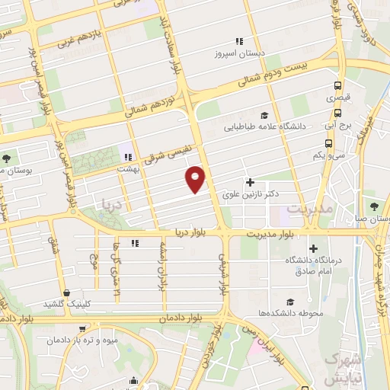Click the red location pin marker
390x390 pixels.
(x=196, y=178)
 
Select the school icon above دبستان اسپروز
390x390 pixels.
(x=238, y=41)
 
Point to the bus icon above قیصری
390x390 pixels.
(x=337, y=86)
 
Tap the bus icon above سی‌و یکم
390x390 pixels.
(x=328, y=143)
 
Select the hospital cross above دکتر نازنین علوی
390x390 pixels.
(x=250, y=183)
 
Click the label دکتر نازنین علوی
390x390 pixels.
(x=248, y=195)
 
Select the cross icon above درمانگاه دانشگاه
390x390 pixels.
(x=313, y=248)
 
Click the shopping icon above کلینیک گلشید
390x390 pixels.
(x=67, y=292)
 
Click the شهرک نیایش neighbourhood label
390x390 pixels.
(x=343, y=368)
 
